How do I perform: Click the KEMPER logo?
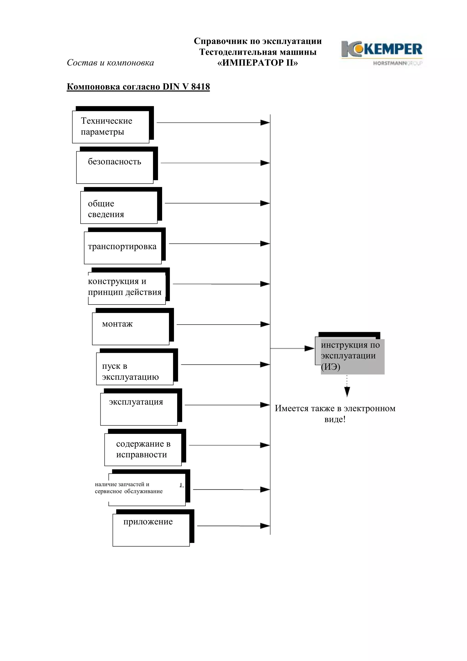[381, 49]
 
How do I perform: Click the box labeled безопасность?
[114, 167]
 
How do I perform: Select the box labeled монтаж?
[130, 328]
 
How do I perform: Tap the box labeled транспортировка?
[123, 247]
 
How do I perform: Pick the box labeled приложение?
[151, 529]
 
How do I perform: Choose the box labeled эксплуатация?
[139, 409]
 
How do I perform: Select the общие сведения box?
[119, 207]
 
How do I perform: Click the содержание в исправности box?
[143, 449]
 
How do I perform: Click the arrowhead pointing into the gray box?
[310, 348]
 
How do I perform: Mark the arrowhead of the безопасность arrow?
[265, 163]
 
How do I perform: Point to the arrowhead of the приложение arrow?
[265, 526]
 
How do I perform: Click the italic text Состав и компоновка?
[110, 62]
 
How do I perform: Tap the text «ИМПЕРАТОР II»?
[257, 63]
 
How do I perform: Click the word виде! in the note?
[335, 419]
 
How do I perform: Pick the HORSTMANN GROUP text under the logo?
[397, 63]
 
